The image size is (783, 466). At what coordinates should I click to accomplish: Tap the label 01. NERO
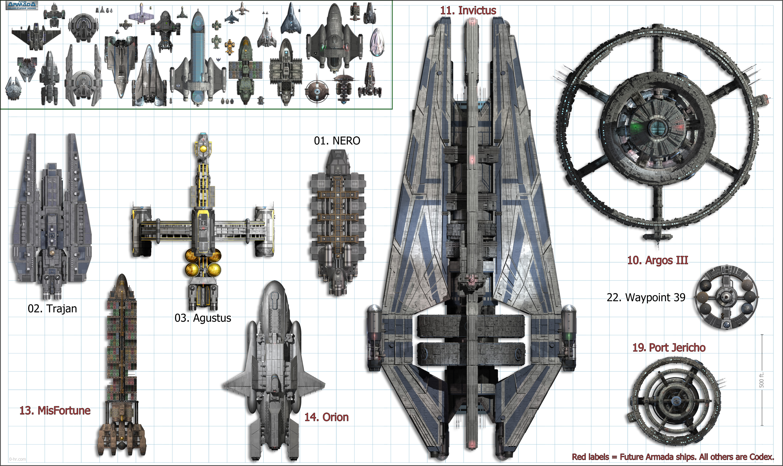coord(337,141)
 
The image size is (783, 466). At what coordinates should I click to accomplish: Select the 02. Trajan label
coord(52,309)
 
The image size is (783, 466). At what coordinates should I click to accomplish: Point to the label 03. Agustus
coord(203,318)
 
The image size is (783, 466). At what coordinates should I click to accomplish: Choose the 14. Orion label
coord(326,417)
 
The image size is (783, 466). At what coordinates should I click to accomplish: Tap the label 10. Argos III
coord(658,260)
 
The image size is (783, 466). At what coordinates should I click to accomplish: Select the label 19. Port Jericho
coord(669,348)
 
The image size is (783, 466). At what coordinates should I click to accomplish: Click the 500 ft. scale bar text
coord(761,380)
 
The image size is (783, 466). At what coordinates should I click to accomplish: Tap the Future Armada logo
coord(22,5)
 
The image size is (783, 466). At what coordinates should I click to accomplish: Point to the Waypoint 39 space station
coord(726,297)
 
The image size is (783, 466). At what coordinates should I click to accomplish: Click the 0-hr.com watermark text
coord(18,459)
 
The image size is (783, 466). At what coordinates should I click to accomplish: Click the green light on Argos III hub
coord(637,127)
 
